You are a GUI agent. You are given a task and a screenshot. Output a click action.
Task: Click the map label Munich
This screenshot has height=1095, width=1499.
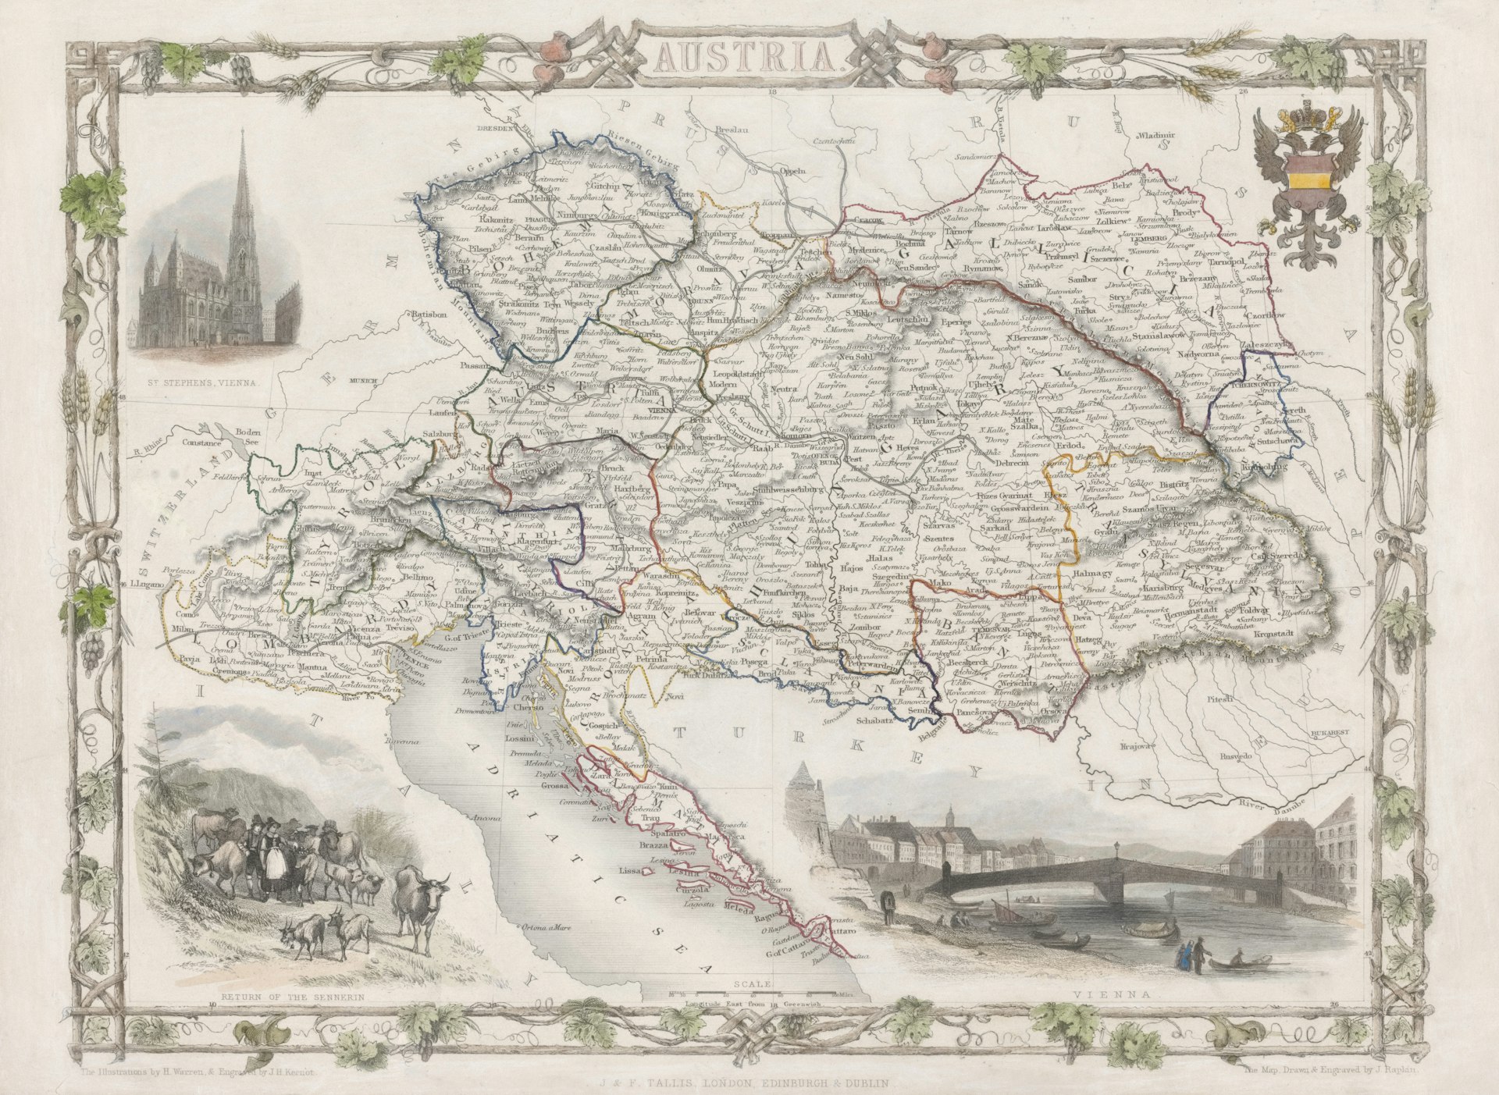pos(364,381)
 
